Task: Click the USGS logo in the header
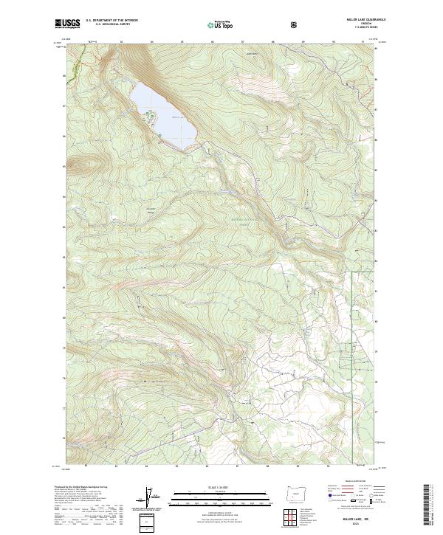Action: coord(68,24)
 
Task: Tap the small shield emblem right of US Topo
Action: coord(253,25)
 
